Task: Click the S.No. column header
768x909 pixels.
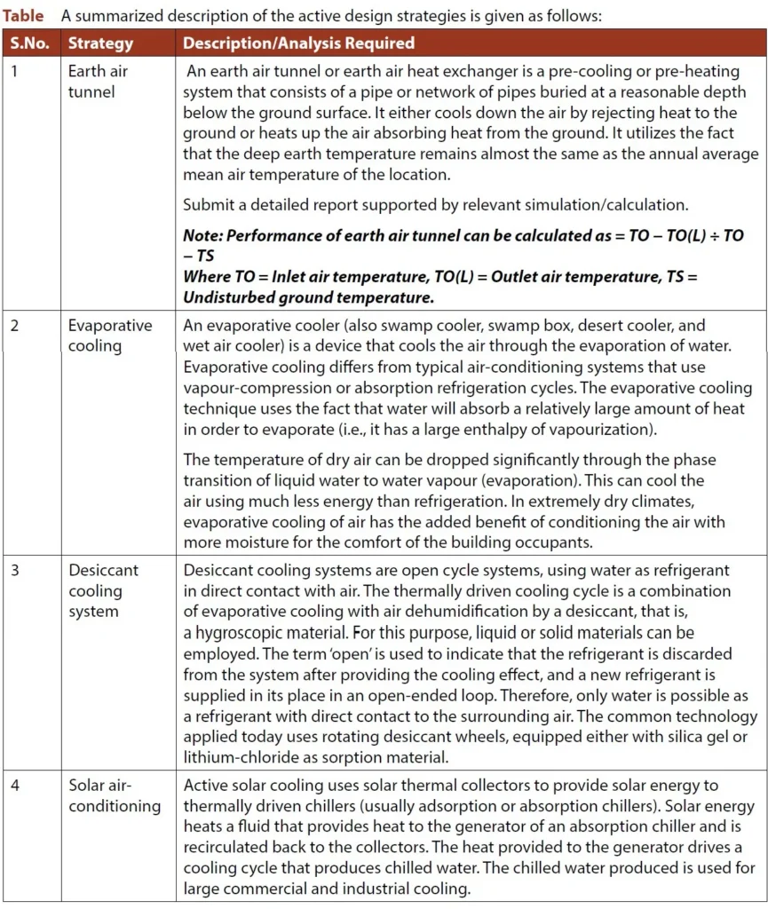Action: [31, 43]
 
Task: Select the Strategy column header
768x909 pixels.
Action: [100, 43]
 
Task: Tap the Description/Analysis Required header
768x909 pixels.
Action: [298, 43]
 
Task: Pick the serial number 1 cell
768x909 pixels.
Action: [15, 71]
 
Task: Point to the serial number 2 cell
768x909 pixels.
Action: [15, 325]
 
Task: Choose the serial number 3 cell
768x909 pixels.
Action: [15, 570]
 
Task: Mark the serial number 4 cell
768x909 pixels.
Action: [15, 786]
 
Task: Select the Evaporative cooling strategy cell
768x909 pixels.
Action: [110, 336]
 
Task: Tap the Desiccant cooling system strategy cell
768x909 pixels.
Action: [103, 590]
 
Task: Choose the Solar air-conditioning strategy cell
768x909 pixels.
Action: [114, 795]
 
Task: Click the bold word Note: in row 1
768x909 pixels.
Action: [205, 237]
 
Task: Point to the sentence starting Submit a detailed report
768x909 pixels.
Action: [435, 204]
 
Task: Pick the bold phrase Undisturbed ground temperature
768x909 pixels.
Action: [308, 297]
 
